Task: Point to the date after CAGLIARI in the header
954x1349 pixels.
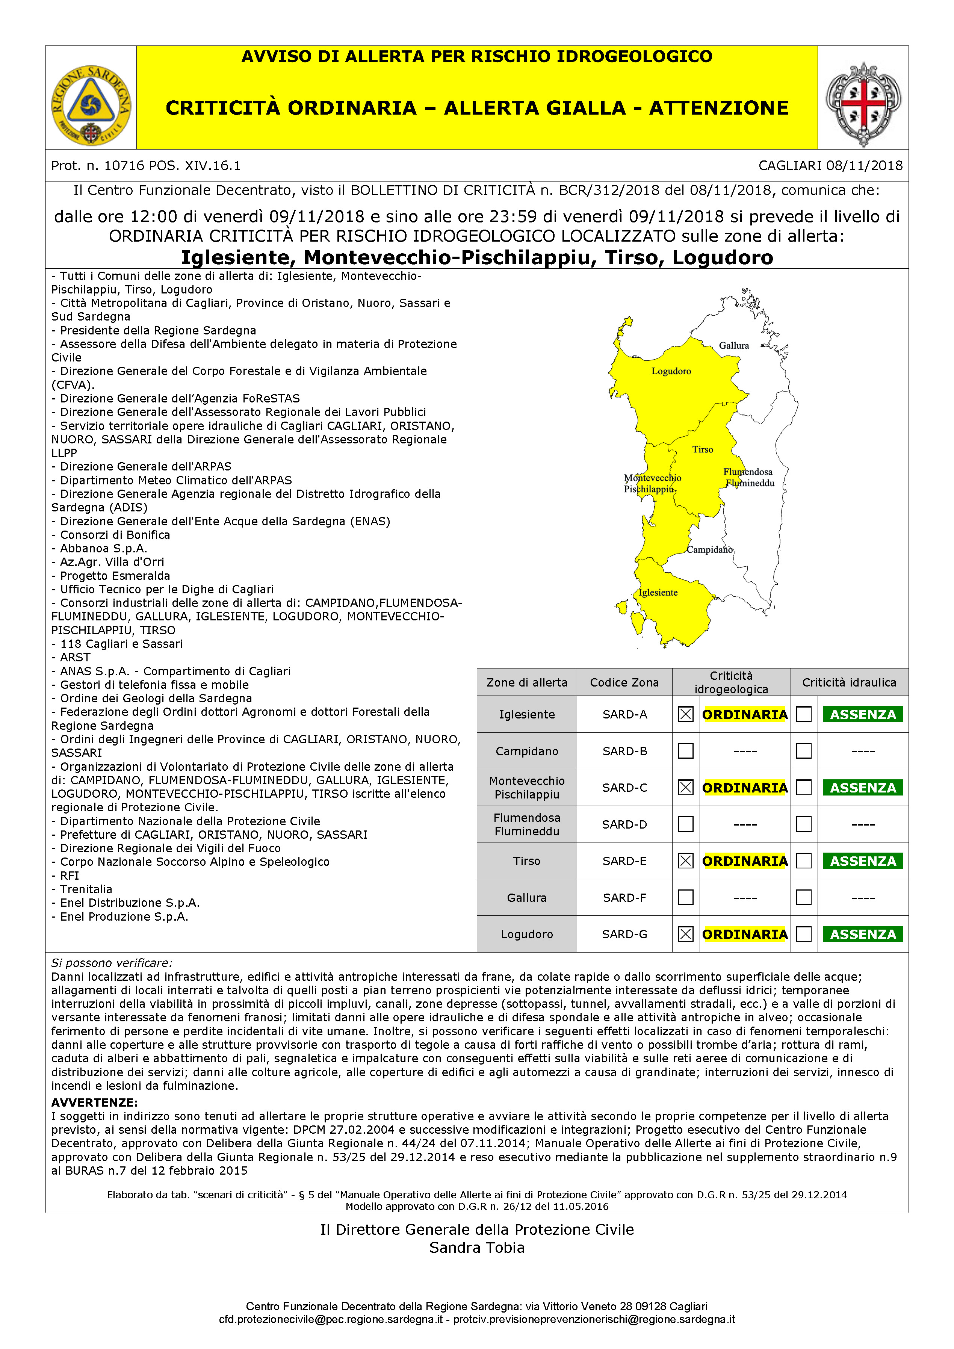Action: click(864, 166)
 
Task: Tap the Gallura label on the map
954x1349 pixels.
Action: click(734, 345)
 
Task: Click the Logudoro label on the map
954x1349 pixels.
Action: click(671, 371)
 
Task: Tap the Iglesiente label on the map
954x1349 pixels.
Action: click(658, 592)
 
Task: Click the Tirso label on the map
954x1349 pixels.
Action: click(703, 449)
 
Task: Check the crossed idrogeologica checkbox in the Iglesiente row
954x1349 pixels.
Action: click(686, 714)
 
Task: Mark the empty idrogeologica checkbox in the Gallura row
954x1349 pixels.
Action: click(686, 897)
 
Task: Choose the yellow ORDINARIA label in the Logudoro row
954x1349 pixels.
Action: click(744, 934)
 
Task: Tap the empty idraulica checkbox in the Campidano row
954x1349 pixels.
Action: click(804, 751)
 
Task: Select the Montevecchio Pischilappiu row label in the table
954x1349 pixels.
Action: click(526, 787)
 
